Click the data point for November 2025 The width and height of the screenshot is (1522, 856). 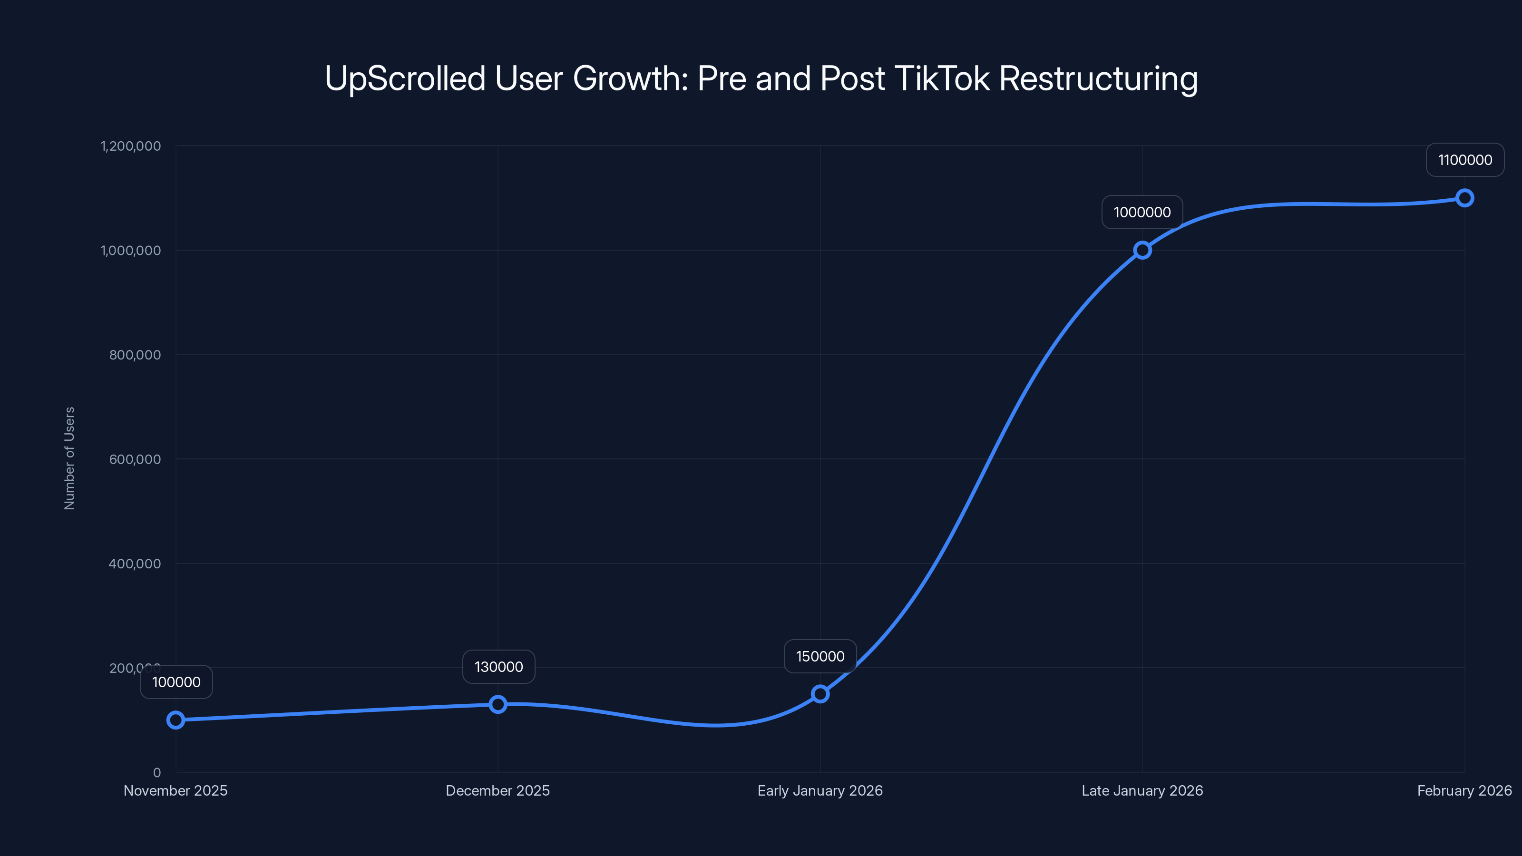pyautogui.click(x=176, y=720)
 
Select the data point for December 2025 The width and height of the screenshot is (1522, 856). pyautogui.click(x=498, y=704)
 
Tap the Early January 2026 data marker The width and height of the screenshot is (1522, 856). pyautogui.click(x=820, y=693)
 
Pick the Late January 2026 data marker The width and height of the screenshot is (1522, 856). pyautogui.click(x=1142, y=250)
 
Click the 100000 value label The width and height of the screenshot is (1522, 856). pyautogui.click(x=176, y=682)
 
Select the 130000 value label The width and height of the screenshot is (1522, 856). pyautogui.click(x=498, y=666)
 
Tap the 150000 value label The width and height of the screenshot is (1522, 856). pyautogui.click(x=820, y=656)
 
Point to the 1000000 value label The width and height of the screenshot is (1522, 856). pyautogui.click(x=1142, y=212)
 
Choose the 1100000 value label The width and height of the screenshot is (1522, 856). pyautogui.click(x=1465, y=159)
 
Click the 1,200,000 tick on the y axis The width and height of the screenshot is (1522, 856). pyautogui.click(x=131, y=146)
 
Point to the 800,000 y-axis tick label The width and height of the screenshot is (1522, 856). pyautogui.click(x=135, y=354)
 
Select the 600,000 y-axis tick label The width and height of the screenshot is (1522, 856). pyautogui.click(x=135, y=459)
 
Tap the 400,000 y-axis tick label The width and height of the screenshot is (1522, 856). pyautogui.click(x=135, y=564)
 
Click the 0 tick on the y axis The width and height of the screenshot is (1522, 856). pyautogui.click(x=156, y=772)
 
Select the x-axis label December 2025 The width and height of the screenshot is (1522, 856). pyautogui.click(x=498, y=790)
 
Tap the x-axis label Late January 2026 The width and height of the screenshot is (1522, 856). pyautogui.click(x=1142, y=790)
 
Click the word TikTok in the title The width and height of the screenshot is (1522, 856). pyautogui.click(x=942, y=78)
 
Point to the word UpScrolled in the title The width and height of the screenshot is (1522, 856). pyautogui.click(x=405, y=78)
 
